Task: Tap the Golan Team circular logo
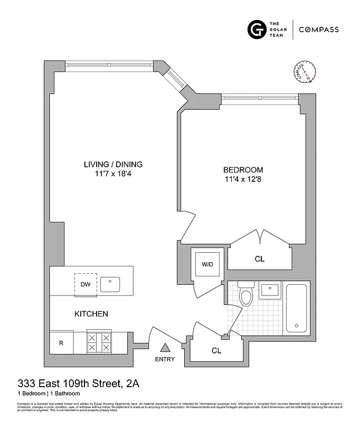pos(257,29)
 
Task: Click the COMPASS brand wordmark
pos(319,30)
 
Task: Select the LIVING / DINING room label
pos(113,164)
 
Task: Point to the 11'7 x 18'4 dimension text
pos(113,174)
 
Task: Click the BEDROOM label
pos(243,170)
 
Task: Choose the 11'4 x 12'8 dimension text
pos(243,180)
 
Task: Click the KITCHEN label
pos(91,314)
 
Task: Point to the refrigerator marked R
pos(61,343)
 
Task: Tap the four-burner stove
pos(100,342)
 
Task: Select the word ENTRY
pos(165,360)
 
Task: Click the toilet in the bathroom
pos(246,295)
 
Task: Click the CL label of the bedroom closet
pos(259,260)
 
